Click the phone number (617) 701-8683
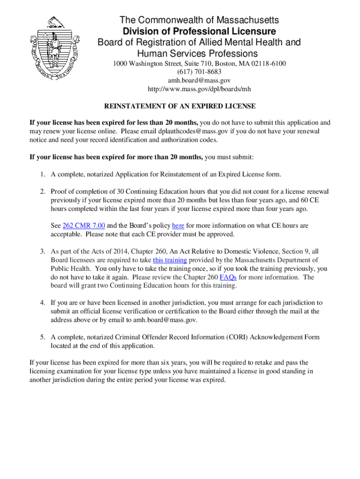199,72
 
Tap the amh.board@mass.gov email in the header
199,80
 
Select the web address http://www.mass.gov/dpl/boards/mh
199,89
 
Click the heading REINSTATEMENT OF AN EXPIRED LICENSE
180,106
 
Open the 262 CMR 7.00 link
84,225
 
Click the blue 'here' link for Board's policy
178,225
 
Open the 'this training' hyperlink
170,260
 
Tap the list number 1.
42,174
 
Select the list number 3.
42,252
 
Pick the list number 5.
42,337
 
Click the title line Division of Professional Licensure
199,32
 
